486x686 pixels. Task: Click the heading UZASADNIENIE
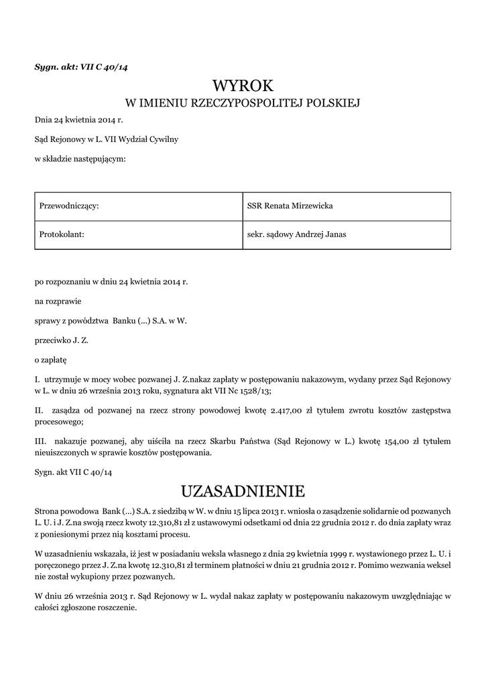243,492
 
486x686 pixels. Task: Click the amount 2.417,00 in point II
288,411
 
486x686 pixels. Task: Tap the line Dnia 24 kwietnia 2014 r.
79,120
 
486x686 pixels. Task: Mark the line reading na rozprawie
58,301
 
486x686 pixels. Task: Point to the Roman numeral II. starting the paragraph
39,411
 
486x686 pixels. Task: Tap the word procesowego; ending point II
59,422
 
